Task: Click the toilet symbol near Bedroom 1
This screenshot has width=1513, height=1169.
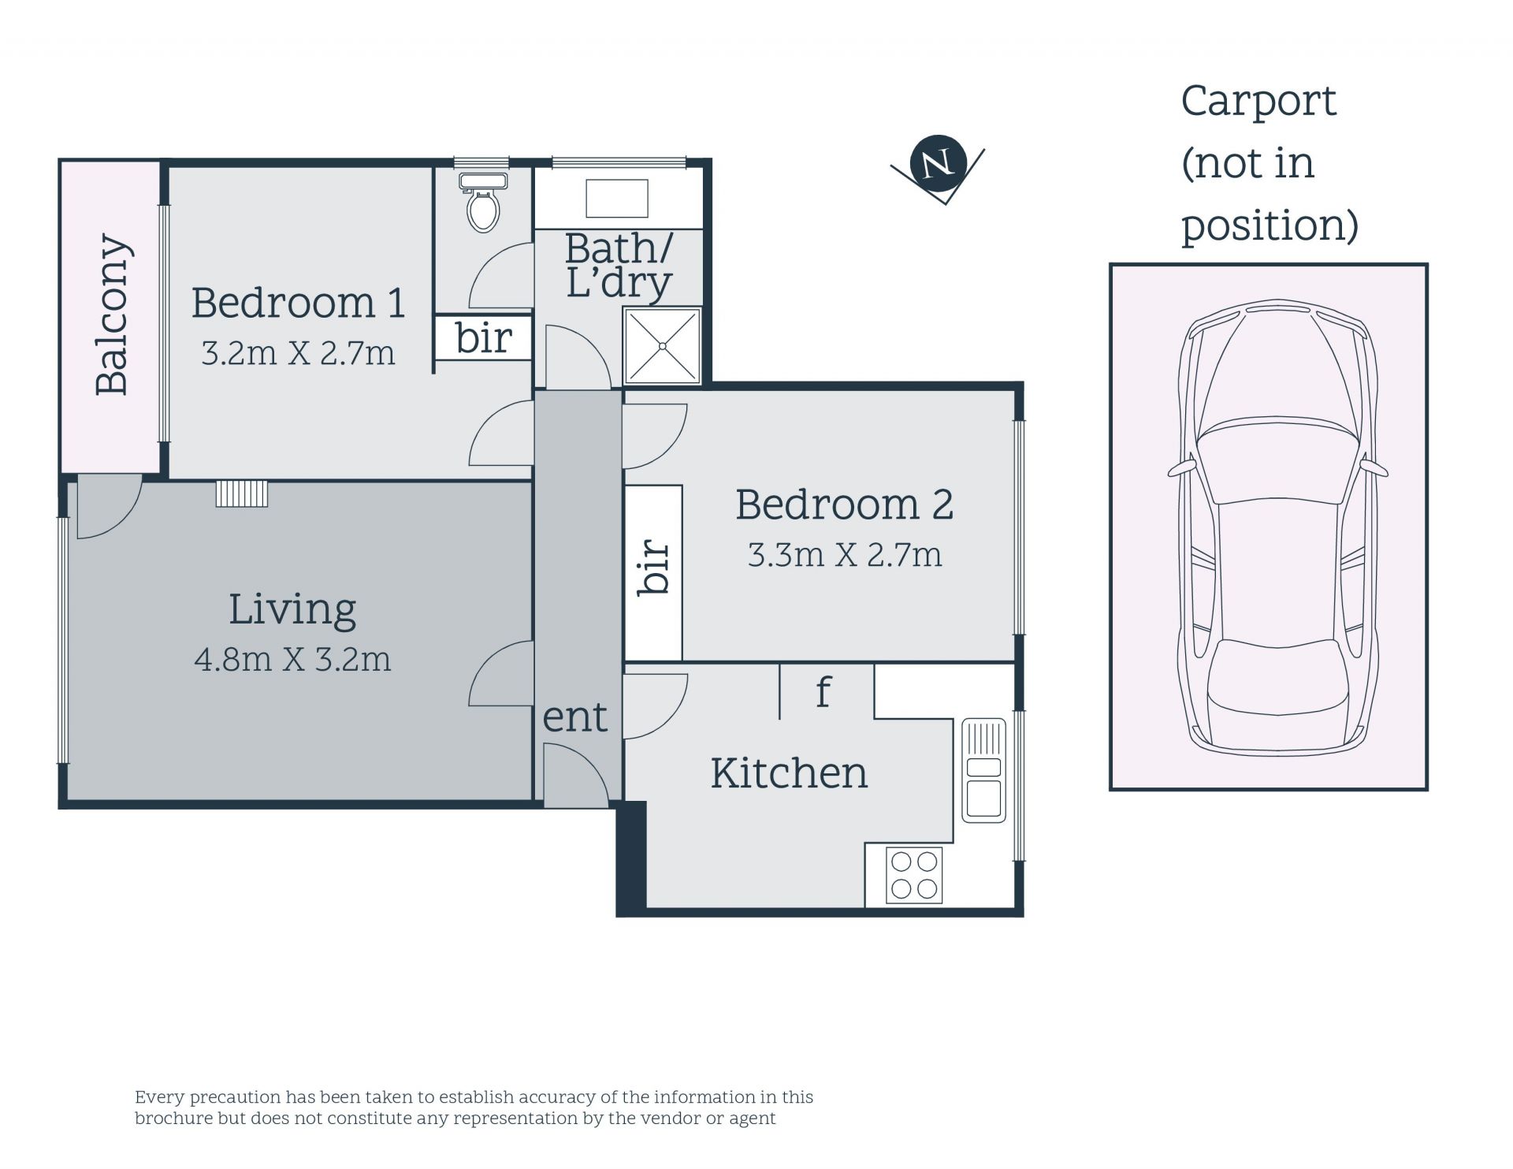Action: point(483,202)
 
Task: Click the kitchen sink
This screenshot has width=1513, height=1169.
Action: point(983,770)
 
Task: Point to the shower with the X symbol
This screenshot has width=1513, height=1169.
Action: point(662,346)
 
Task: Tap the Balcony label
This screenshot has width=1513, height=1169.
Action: point(112,315)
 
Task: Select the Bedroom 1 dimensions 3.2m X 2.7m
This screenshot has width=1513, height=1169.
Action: point(298,353)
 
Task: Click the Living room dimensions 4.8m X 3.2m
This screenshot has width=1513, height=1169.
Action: point(292,659)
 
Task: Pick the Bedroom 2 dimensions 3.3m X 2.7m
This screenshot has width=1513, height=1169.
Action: point(845,555)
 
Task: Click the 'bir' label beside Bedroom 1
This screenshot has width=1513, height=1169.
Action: point(484,337)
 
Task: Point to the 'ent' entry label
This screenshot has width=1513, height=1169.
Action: point(575,717)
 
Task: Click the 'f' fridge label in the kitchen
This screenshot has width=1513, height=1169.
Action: point(823,691)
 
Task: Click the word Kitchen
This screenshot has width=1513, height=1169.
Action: point(789,773)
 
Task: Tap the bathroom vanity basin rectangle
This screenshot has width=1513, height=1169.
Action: point(617,198)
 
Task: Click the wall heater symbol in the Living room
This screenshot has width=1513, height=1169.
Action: point(242,493)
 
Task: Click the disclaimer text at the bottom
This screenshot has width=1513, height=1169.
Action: point(474,1108)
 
